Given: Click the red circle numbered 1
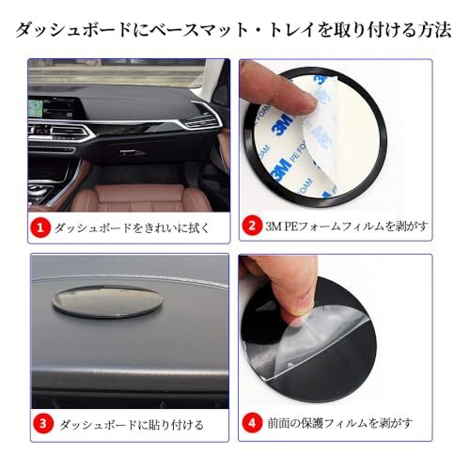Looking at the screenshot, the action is coord(40,227).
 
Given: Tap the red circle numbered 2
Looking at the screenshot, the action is coord(252,226).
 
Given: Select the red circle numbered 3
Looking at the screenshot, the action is coord(43,424).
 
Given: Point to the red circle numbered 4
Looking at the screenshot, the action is coord(253,423).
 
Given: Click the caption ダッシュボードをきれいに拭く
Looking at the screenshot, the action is coord(132,227).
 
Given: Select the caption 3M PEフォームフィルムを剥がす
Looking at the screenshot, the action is coord(347,226).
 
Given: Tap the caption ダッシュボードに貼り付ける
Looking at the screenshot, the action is coord(132,425).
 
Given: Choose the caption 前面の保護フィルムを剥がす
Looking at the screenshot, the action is coord(339,423).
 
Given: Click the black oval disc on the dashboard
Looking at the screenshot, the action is coord(106,301).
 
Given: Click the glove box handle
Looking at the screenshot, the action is coord(133,152).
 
